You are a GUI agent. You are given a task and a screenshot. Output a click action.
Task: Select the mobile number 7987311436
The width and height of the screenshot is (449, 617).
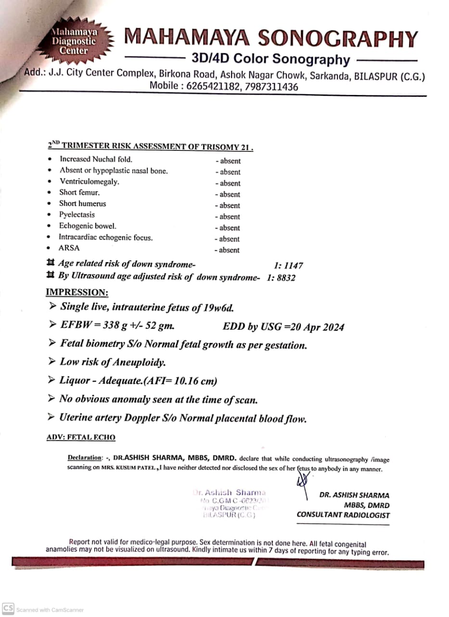tap(273, 87)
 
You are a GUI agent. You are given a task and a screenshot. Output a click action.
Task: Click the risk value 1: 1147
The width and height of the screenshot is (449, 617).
tap(288, 266)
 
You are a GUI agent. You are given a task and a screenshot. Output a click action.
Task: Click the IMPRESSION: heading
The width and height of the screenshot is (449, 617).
tap(77, 293)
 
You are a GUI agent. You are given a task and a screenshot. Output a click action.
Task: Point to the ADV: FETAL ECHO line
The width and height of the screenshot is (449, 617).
tap(81, 438)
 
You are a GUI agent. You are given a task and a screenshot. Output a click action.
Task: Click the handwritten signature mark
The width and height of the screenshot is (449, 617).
tap(303, 482)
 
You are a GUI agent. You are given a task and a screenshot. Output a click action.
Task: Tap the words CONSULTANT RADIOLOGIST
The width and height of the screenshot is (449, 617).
tap(343, 515)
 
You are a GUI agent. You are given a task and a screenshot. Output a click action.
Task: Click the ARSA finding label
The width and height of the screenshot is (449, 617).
tap(69, 248)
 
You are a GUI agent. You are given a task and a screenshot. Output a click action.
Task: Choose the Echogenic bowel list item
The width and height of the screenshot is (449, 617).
tap(81, 226)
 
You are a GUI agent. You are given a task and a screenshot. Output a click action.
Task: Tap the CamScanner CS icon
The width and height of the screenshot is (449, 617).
tap(8, 609)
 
